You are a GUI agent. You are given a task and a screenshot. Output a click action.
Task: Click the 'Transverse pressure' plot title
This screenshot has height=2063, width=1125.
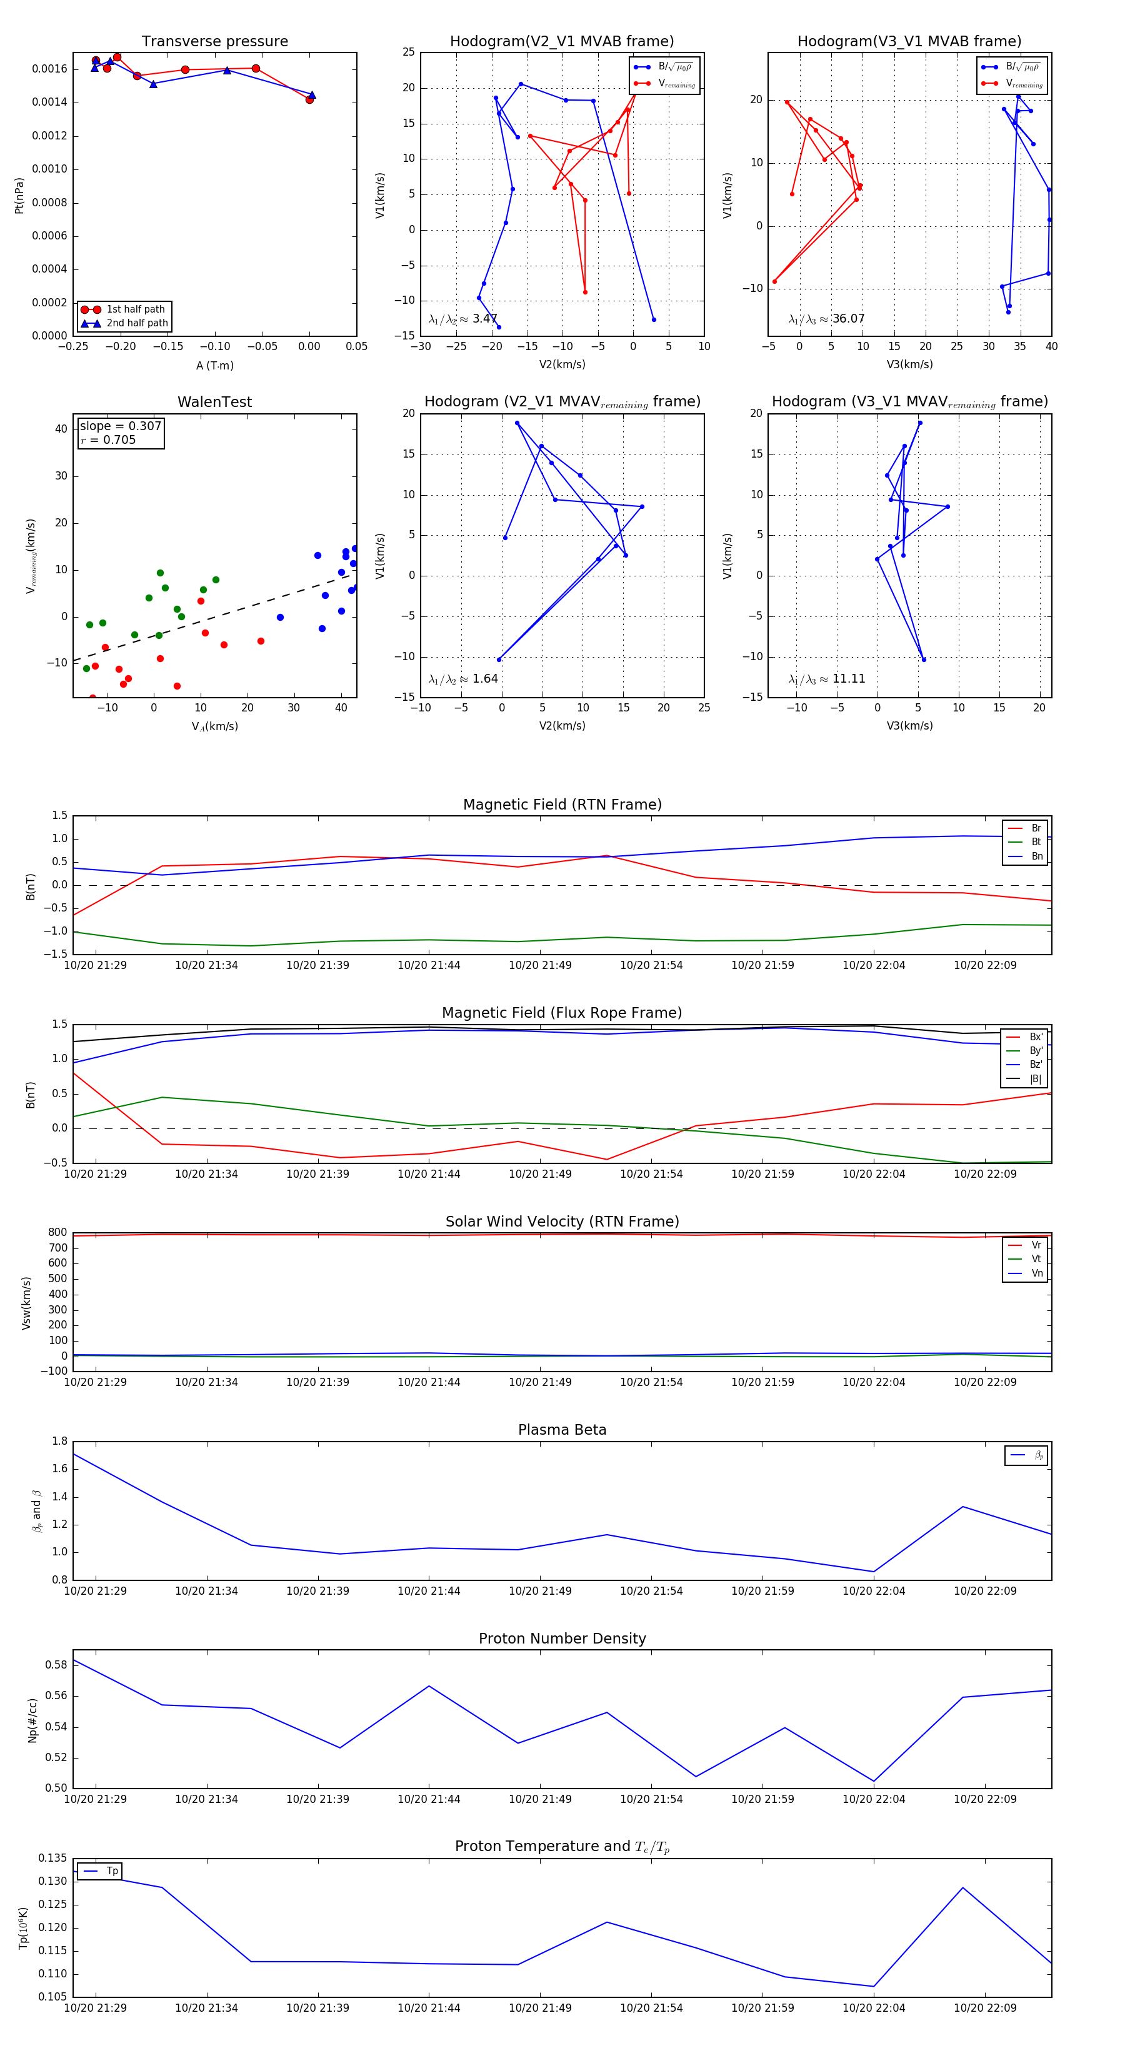pyautogui.click(x=214, y=42)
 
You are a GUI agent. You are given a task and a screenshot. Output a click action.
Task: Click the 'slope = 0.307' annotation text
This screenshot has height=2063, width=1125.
pyautogui.click(x=120, y=426)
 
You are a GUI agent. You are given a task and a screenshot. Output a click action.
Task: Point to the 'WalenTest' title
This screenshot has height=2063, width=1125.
pyautogui.click(x=214, y=402)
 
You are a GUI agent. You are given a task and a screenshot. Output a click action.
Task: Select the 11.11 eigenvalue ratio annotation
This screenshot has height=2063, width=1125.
pyautogui.click(x=848, y=679)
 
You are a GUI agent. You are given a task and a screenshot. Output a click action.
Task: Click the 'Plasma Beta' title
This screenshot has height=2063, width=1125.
pyautogui.click(x=562, y=1430)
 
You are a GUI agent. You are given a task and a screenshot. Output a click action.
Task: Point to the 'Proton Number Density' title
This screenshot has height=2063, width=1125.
pyautogui.click(x=562, y=1639)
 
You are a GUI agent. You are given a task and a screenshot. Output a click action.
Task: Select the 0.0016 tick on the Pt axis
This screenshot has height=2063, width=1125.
pyautogui.click(x=49, y=69)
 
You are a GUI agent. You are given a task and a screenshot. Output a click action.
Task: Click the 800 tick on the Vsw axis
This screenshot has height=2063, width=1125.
pyautogui.click(x=57, y=1233)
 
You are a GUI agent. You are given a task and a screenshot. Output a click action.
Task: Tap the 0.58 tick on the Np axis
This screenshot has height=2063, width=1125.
pyautogui.click(x=56, y=1665)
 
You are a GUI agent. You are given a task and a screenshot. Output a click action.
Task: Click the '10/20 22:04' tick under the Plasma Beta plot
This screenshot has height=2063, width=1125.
pyautogui.click(x=874, y=1590)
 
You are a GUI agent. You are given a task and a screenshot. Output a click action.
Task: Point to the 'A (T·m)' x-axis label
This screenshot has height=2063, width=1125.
pyautogui.click(x=214, y=366)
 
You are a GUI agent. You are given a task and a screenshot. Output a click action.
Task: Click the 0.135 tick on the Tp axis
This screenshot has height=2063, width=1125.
pyautogui.click(x=53, y=1858)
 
